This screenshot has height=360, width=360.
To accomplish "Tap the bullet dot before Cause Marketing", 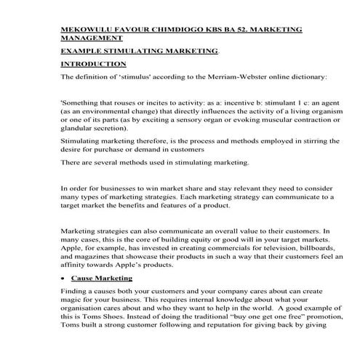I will coord(65,279).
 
